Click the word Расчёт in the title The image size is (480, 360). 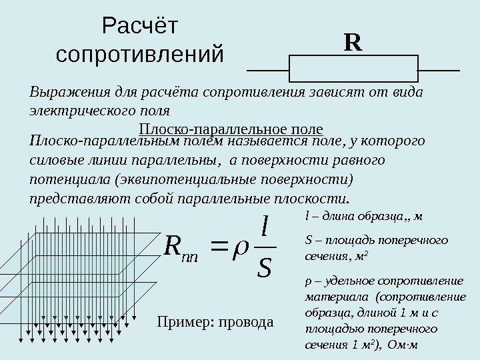141,27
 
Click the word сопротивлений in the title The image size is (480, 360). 141,54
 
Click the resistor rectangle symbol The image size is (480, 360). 353,69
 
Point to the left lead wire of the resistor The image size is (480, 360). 268,69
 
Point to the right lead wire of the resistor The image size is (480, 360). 438,69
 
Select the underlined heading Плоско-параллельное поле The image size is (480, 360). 231,129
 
